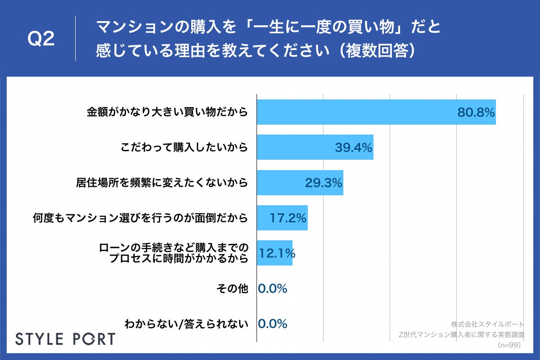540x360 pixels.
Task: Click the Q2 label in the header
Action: [x=41, y=39]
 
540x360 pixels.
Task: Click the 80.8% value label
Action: [x=476, y=112]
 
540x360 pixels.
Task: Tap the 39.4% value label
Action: [x=354, y=148]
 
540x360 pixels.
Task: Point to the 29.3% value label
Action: [x=324, y=183]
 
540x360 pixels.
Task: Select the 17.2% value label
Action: [x=288, y=218]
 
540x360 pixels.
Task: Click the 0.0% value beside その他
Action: [x=273, y=288]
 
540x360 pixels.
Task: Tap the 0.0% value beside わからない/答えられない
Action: [x=273, y=324]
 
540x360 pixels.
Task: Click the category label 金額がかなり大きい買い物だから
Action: [x=167, y=112]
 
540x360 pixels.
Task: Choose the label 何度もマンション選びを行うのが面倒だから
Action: [x=140, y=218]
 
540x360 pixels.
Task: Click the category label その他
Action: [x=236, y=288]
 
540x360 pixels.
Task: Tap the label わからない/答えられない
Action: [x=186, y=324]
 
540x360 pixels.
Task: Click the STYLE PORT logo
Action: [x=65, y=339]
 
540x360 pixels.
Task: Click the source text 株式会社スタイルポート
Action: [x=487, y=324]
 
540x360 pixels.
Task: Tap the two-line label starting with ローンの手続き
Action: [x=174, y=253]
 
